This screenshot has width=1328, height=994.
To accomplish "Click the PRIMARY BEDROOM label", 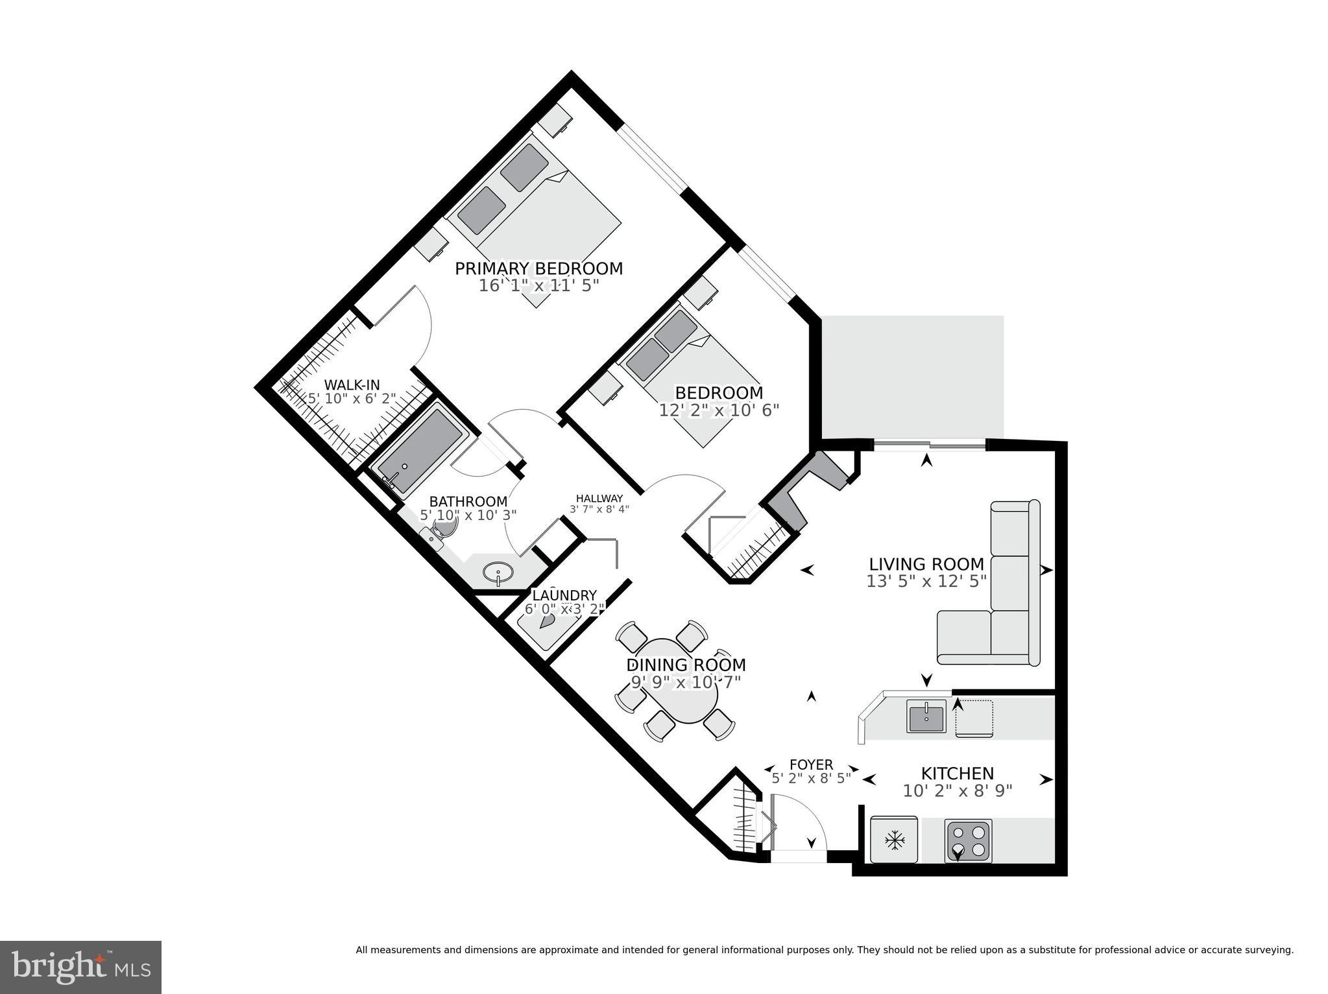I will click(538, 268).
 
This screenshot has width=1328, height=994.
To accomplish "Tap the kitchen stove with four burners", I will click(969, 841).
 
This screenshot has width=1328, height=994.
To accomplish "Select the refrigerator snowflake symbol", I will click(895, 841).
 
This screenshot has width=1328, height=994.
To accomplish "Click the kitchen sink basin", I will click(926, 718).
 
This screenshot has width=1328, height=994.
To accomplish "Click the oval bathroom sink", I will click(498, 573).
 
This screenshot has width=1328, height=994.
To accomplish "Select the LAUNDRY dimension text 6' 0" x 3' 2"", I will click(564, 609).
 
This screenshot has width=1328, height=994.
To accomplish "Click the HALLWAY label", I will click(599, 499).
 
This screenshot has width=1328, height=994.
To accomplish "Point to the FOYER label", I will click(811, 765).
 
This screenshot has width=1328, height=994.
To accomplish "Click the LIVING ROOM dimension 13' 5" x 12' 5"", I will click(926, 582).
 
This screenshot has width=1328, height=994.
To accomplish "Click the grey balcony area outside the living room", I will click(912, 376).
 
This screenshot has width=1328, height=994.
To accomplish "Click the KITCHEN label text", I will click(958, 774).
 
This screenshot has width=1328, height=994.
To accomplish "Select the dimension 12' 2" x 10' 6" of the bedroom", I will click(719, 410).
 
